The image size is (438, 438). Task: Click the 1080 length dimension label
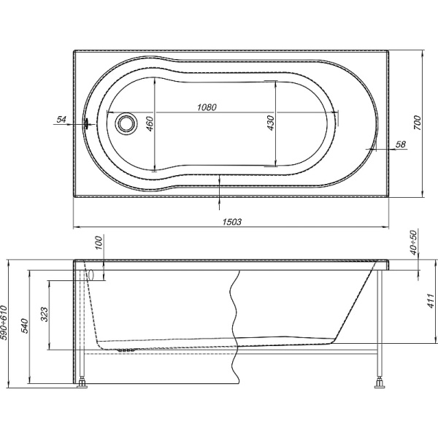tap(207, 107)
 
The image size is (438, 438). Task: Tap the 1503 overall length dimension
tap(232, 222)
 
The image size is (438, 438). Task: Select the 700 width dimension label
tap(417, 123)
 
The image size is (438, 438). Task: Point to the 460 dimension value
tap(150, 124)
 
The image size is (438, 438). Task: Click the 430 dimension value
tap(271, 123)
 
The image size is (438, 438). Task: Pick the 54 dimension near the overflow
tap(61, 120)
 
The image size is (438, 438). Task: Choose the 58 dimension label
tap(401, 144)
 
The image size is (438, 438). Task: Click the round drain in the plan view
tap(126, 123)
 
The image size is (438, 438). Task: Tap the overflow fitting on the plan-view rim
tap(87, 123)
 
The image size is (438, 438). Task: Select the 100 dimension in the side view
tap(100, 242)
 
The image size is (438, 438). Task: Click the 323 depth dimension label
tap(45, 315)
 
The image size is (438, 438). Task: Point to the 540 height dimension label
tap(25, 326)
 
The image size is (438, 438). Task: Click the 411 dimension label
tap(431, 301)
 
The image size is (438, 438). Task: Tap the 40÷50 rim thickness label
tap(414, 242)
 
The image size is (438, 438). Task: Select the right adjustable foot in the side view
tap(379, 383)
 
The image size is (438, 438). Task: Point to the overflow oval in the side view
tap(91, 275)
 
